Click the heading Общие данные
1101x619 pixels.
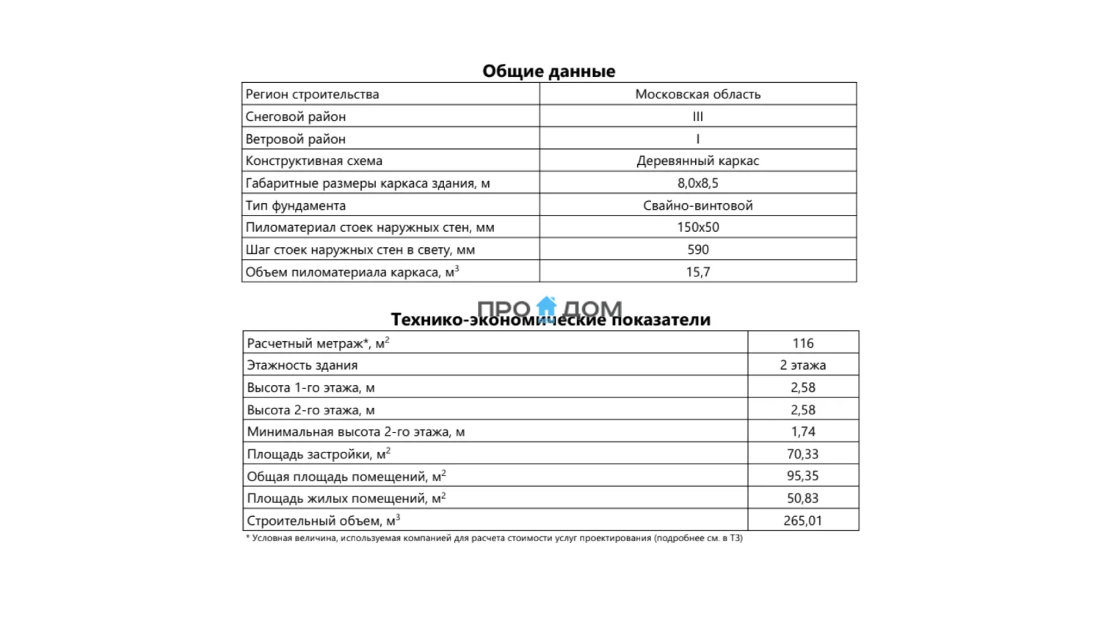[x=548, y=71]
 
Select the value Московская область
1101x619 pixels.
[x=697, y=94]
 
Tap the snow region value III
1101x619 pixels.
[x=697, y=117]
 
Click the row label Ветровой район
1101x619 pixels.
[x=295, y=139]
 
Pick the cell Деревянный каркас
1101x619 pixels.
[x=697, y=161]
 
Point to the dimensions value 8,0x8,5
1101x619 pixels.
[x=697, y=183]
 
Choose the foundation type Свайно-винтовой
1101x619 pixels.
[x=697, y=205]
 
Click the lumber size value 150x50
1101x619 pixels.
[x=697, y=227]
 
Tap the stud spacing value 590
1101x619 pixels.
[x=697, y=249]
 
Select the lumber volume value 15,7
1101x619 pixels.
[x=697, y=272]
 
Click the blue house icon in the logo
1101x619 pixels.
[x=547, y=307]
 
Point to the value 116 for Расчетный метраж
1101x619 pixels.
[x=802, y=343]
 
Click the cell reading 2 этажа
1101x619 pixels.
[x=802, y=365]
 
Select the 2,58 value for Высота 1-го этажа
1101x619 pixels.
[x=802, y=387]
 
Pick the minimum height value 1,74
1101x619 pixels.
[x=802, y=432]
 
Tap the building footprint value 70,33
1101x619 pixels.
[x=802, y=454]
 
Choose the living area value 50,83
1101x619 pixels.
[x=802, y=499]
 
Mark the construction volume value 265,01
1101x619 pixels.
[x=802, y=521]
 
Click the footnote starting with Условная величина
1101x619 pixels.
[x=494, y=538]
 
